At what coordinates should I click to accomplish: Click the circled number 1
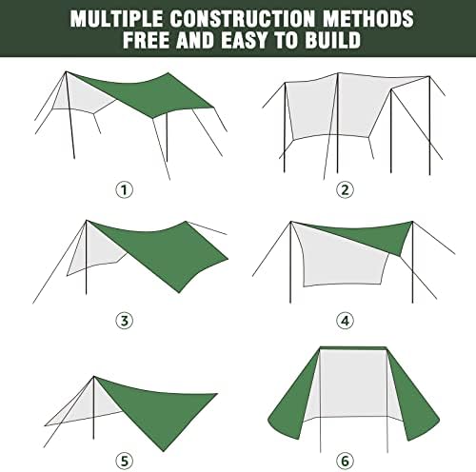pyautogui.click(x=124, y=188)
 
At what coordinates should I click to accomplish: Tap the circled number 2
pyautogui.click(x=346, y=188)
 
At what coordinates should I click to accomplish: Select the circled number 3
pyautogui.click(x=124, y=320)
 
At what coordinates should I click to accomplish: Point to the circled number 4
pyautogui.click(x=346, y=320)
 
